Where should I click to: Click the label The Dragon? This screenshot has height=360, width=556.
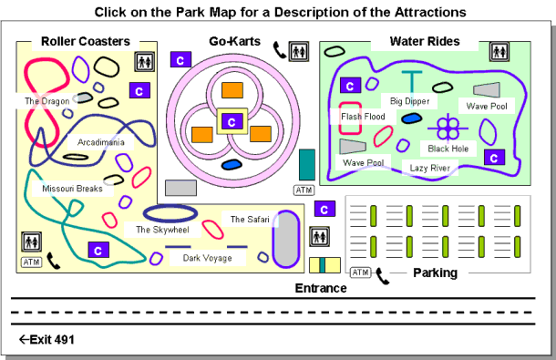(45, 101)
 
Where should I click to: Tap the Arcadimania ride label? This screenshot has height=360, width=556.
(101, 142)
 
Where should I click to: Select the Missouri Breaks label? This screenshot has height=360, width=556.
(72, 189)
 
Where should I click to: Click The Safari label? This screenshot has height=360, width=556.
(249, 220)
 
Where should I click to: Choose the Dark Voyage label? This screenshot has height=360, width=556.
(207, 258)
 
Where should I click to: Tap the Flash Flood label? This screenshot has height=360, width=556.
(363, 117)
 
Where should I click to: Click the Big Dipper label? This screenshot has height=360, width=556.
(409, 100)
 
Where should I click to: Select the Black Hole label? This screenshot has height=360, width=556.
(449, 148)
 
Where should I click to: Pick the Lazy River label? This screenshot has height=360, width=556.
(430, 168)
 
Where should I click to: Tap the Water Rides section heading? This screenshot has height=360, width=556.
(425, 41)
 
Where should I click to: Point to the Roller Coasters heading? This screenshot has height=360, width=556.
(85, 41)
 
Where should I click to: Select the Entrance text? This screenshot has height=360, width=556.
(321, 288)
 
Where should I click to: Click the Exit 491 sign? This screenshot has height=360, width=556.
(46, 340)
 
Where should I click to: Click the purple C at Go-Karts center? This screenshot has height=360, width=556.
(232, 121)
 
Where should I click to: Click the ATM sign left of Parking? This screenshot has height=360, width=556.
(360, 273)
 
